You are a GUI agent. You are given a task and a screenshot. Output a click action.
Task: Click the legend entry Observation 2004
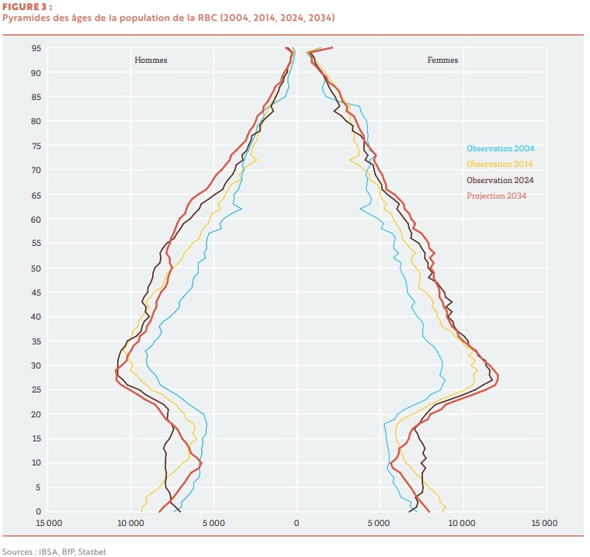click(x=500, y=148)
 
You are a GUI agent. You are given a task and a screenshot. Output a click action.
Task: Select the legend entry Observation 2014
click(x=500, y=164)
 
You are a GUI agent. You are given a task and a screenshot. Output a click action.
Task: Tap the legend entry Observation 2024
click(x=500, y=180)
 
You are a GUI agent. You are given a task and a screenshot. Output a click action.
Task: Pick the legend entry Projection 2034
click(x=496, y=195)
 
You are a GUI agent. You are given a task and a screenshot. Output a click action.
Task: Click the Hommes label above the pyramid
click(x=151, y=60)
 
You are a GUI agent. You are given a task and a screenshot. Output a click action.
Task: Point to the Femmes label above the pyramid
click(x=442, y=60)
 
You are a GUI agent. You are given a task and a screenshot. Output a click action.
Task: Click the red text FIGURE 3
click(x=21, y=6)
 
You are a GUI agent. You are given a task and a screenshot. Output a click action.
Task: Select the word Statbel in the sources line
click(x=92, y=552)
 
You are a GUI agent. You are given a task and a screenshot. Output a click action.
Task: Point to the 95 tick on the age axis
click(x=36, y=48)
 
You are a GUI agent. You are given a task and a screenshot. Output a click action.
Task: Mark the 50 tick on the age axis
click(x=36, y=268)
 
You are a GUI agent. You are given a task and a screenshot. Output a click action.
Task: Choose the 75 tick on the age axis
click(x=36, y=146)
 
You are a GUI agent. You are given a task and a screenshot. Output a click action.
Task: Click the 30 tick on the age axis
click(x=36, y=365)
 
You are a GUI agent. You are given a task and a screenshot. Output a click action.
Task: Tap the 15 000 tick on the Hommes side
click(x=47, y=523)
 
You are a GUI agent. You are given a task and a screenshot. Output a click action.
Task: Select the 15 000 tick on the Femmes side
click(x=544, y=523)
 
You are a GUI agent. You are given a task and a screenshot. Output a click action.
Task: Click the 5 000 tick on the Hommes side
click(x=213, y=523)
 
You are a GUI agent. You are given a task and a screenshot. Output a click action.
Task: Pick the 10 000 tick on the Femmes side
click(x=462, y=523)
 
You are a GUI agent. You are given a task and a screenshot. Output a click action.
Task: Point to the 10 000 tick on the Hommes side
click(x=130, y=523)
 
